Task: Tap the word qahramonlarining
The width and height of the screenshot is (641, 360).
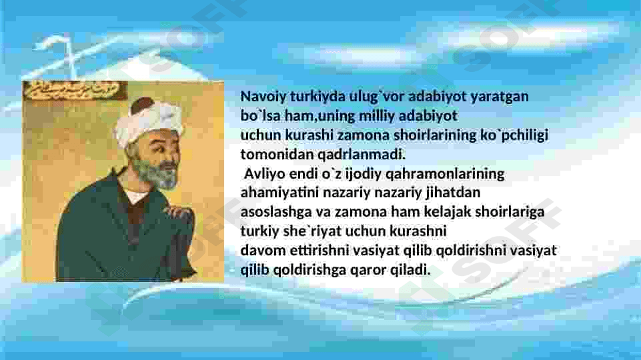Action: [445, 174]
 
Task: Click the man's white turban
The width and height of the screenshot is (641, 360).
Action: [147, 123]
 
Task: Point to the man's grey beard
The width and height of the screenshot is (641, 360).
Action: [157, 173]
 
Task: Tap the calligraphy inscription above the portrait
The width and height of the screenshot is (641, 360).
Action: [75, 91]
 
